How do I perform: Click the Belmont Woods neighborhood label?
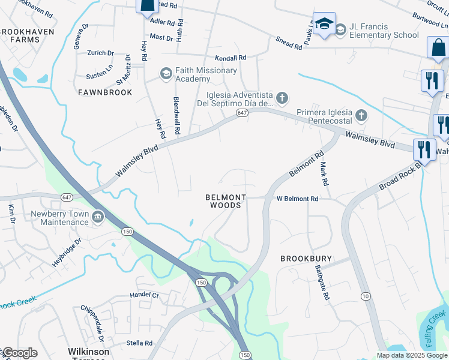tap(226, 201)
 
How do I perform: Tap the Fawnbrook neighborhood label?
tap(105, 93)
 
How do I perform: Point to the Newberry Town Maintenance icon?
tap(98, 216)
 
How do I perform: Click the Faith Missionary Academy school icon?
tap(166, 74)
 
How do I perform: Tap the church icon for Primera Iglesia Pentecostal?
tap(361, 115)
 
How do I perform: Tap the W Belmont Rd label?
tap(297, 199)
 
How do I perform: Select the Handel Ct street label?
tap(145, 295)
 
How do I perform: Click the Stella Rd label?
tap(140, 343)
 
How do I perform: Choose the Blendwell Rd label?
tap(176, 115)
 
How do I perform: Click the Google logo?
tap(20, 353)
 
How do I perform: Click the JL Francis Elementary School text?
tap(384, 31)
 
